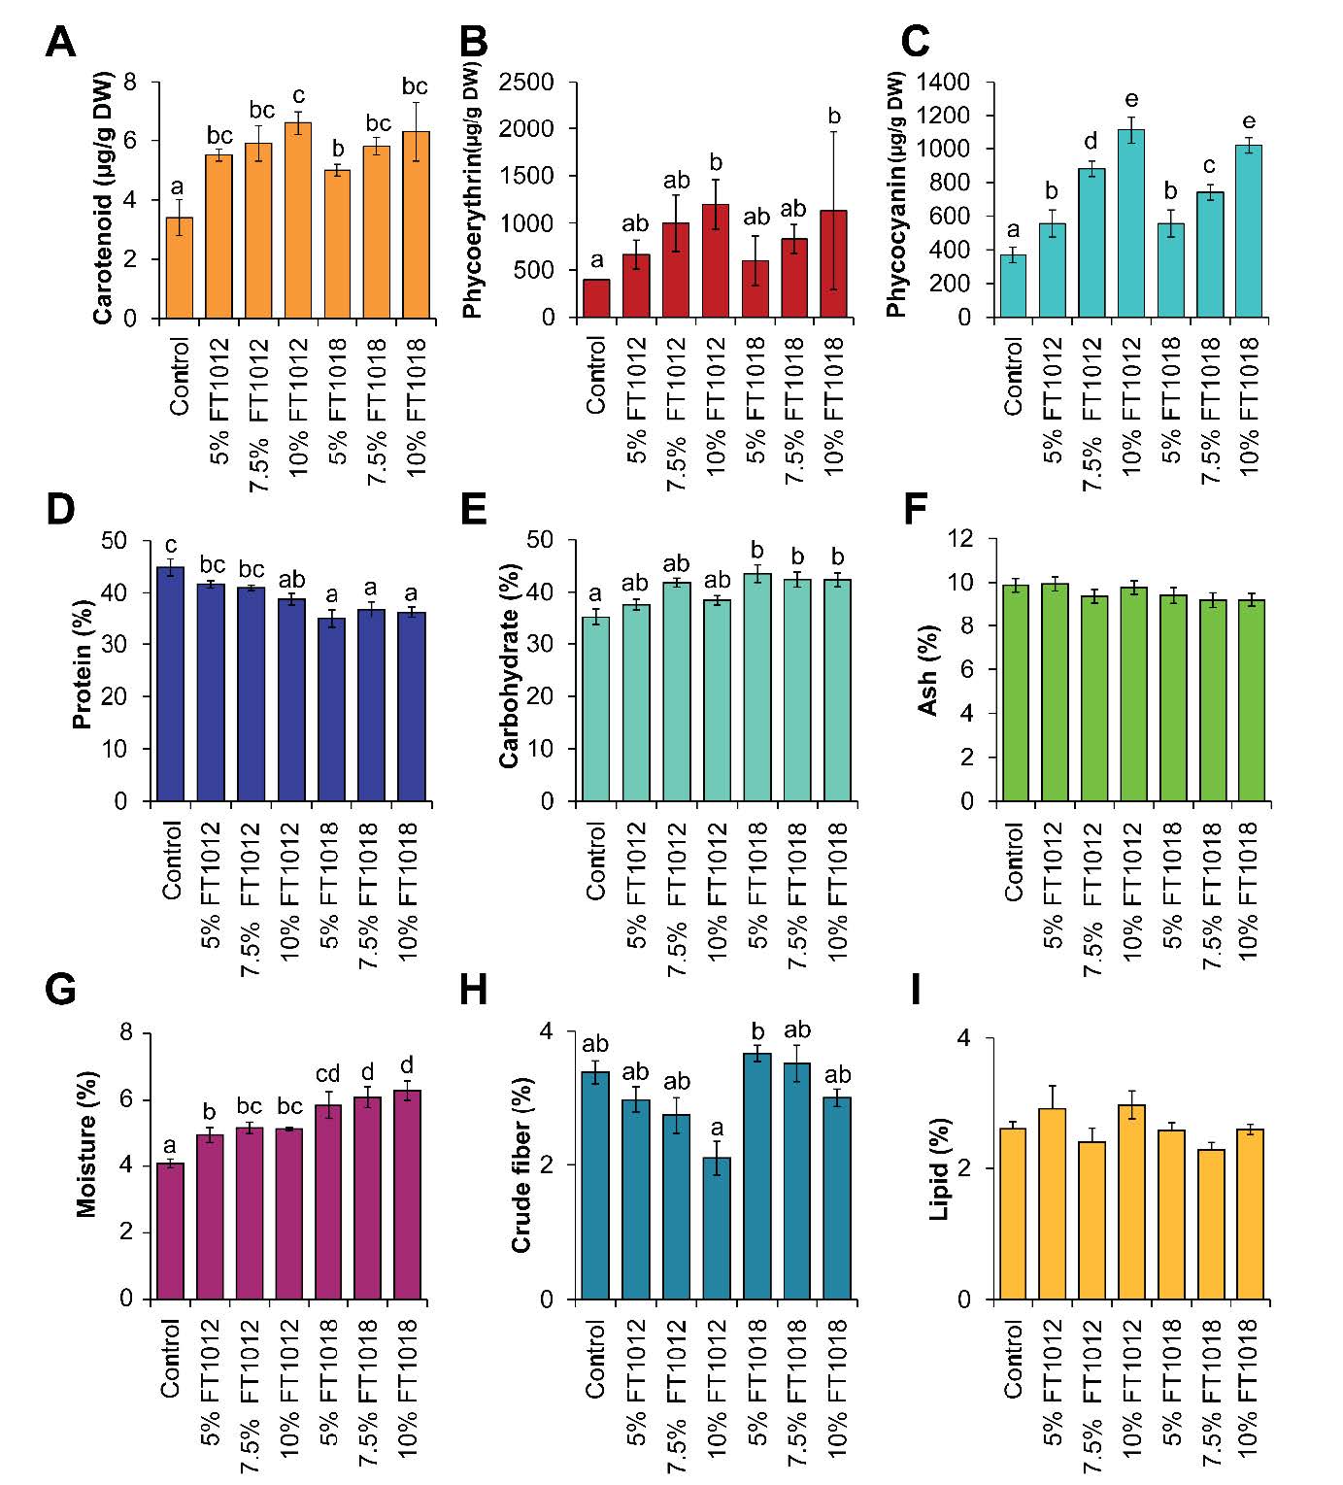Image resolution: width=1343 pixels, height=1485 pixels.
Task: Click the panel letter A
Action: pos(60,43)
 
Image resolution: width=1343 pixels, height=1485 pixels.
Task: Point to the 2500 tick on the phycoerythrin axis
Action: pos(525,83)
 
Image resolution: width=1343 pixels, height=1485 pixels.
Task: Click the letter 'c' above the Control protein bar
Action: pos(171,546)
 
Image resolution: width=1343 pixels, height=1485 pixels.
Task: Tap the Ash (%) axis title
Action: pos(927,671)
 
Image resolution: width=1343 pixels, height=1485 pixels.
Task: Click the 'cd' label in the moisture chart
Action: pos(328,1074)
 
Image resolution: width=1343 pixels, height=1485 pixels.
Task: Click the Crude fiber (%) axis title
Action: pos(521,1164)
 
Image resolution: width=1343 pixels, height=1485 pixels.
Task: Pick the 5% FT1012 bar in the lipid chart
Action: pos(1053,1204)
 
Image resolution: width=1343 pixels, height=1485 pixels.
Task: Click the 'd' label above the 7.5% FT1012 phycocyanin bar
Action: pos(1091,142)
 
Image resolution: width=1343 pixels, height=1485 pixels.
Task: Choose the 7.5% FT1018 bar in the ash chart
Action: pos(1211,700)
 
